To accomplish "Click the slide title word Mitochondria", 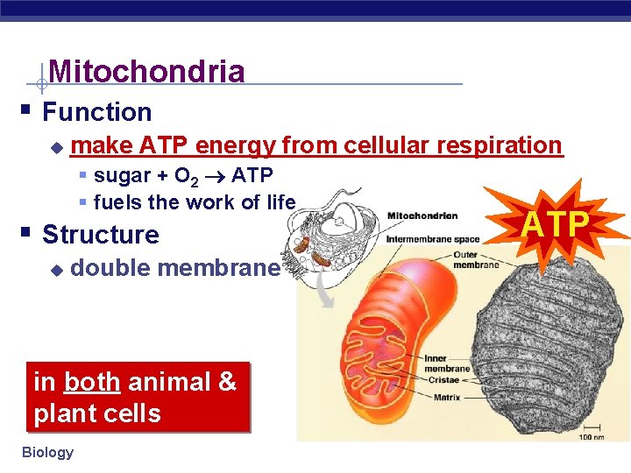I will tap(146, 71).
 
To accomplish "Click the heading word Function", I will tap(96, 112).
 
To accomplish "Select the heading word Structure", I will tap(100, 235).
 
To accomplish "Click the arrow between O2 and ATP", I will tap(214, 176).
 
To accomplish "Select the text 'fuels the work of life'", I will tap(194, 202).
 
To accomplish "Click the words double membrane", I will tap(174, 268).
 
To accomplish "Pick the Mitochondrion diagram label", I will tap(422, 215).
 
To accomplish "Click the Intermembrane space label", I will tap(433, 238).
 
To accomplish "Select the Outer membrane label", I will tap(476, 260).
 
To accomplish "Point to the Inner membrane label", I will tap(447, 364).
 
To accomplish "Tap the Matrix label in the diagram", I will tap(447, 398).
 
